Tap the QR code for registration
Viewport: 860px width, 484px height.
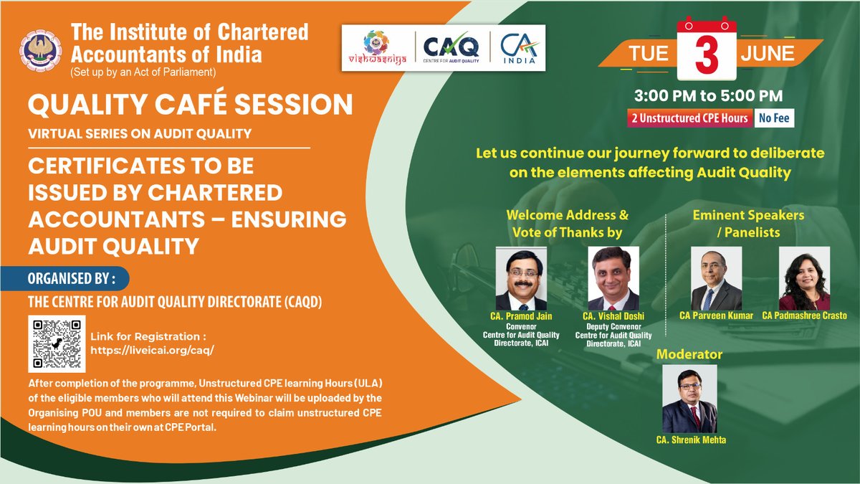[57, 343]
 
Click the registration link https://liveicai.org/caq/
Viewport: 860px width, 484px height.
[153, 351]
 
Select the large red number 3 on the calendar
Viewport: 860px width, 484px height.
[706, 56]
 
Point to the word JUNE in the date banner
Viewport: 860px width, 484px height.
[767, 54]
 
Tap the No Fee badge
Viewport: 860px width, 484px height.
[773, 118]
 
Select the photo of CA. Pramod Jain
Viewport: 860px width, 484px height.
[521, 279]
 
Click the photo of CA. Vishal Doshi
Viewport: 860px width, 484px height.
[613, 279]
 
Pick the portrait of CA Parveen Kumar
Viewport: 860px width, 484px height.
[716, 279]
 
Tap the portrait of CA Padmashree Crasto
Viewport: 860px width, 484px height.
[804, 279]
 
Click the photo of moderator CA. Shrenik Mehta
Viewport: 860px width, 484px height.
[690, 399]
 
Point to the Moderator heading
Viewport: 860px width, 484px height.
[689, 354]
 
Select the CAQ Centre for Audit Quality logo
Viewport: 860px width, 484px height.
[450, 47]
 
